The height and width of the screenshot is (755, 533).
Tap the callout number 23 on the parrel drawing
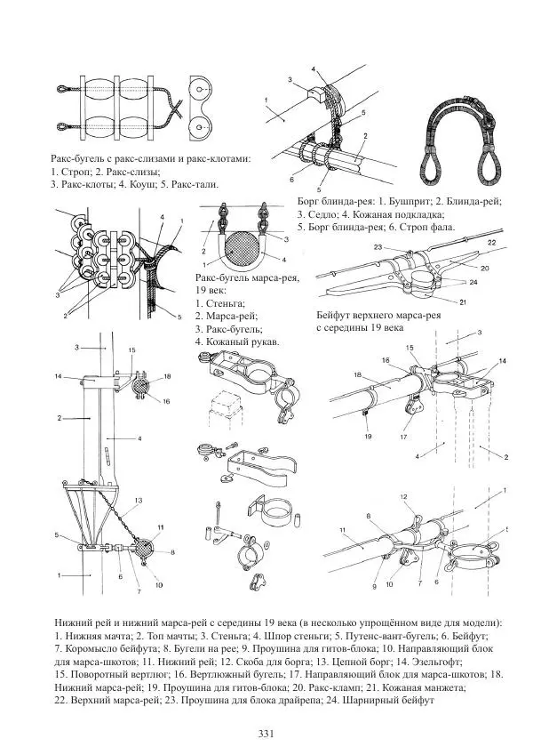point(378,246)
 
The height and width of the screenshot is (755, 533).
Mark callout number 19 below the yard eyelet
point(366,437)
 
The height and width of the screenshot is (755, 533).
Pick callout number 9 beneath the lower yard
point(376,586)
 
